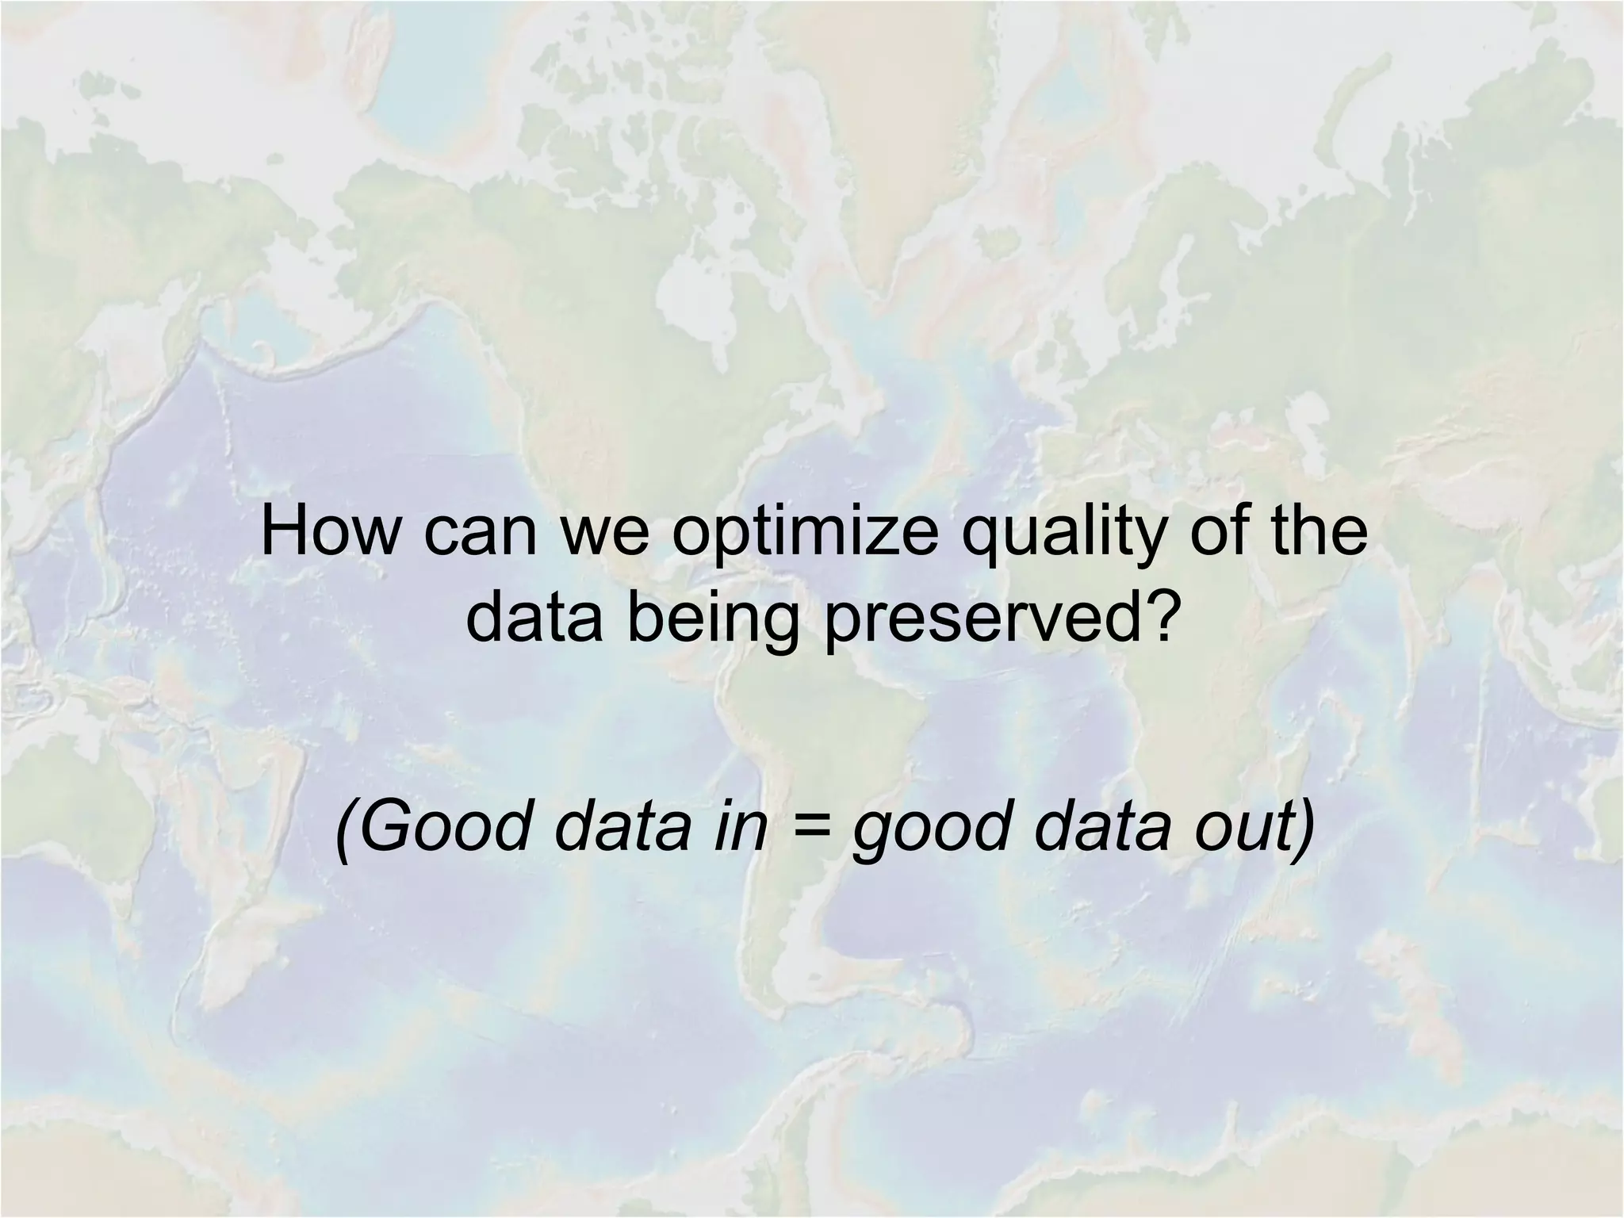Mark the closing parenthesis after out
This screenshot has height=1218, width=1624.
coord(1300,829)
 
